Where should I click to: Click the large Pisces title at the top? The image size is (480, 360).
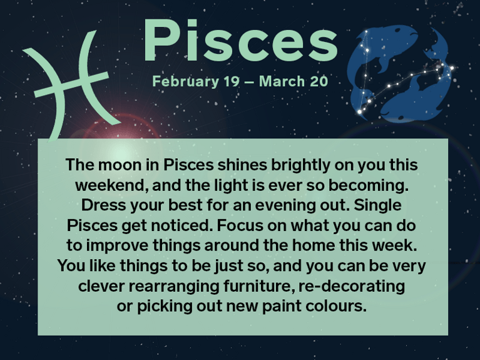[x=240, y=43]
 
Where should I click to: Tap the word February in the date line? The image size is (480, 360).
[x=182, y=81]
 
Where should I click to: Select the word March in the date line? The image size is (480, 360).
[x=280, y=81]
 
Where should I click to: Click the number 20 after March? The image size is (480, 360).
[x=317, y=81]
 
